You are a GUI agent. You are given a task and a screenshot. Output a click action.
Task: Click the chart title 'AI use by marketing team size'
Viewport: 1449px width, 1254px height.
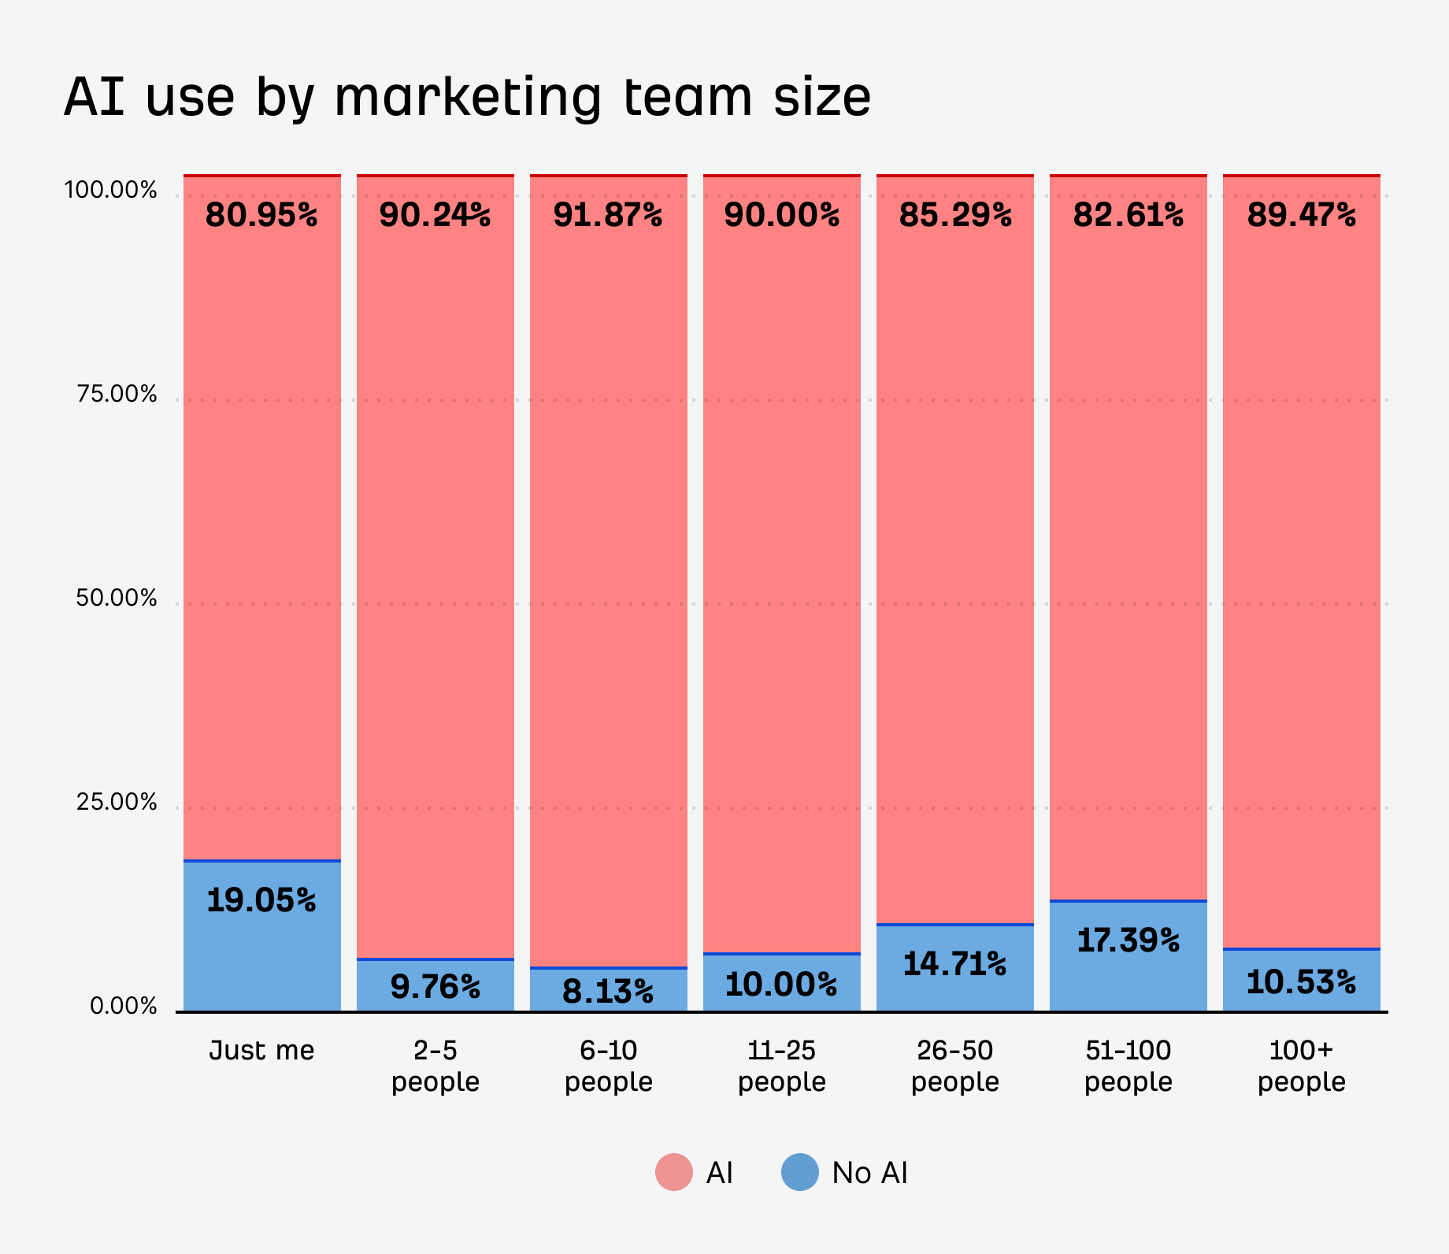[467, 98]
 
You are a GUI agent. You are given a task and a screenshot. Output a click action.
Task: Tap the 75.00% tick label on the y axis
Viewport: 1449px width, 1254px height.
[117, 395]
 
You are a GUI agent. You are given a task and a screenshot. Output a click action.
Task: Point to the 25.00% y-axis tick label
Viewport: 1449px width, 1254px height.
[117, 803]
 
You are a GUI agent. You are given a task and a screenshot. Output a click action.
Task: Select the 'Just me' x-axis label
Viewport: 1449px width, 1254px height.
[261, 1051]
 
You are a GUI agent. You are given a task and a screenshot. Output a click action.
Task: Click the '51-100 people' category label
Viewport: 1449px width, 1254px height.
[1128, 1066]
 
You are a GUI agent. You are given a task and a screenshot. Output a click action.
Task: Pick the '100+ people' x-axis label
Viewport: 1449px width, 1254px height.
[1301, 1066]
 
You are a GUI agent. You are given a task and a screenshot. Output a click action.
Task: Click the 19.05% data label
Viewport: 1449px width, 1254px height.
[261, 900]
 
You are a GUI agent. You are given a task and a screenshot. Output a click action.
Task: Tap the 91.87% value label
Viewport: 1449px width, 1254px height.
[608, 215]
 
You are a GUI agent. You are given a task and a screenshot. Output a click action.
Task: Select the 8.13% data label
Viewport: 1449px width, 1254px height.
[608, 992]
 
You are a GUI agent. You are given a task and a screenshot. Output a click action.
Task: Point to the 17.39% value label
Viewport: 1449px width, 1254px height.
[1128, 940]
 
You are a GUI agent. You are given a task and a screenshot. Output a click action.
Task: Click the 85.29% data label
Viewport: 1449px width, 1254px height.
[955, 215]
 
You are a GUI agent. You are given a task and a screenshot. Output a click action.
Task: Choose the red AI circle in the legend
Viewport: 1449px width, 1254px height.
[674, 1172]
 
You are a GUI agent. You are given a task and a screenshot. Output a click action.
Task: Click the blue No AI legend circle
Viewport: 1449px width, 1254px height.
[800, 1172]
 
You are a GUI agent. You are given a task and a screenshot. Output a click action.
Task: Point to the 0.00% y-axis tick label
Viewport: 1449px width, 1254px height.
[124, 1007]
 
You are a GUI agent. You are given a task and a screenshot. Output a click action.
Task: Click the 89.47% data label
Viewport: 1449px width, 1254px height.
[1301, 215]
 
